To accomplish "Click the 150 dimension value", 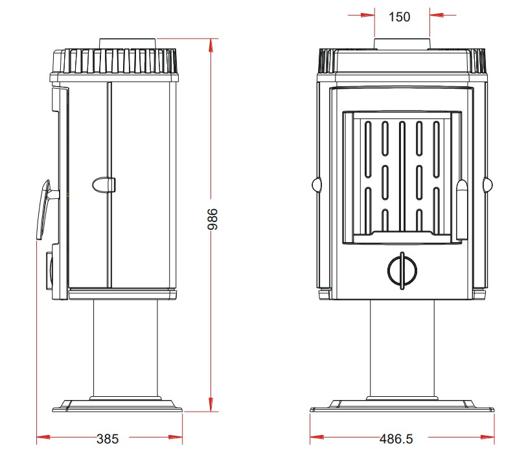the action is coord(399,17).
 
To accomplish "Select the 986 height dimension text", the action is coord(212,219).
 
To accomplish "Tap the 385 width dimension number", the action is coord(108,439).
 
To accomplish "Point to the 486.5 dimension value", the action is coord(396,439).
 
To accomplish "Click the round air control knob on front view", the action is coord(402,271).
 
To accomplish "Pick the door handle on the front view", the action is coord(462,210).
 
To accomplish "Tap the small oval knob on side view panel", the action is coord(104,184).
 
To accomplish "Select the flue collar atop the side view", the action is coord(128,44).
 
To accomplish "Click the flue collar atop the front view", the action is coord(402,44).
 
